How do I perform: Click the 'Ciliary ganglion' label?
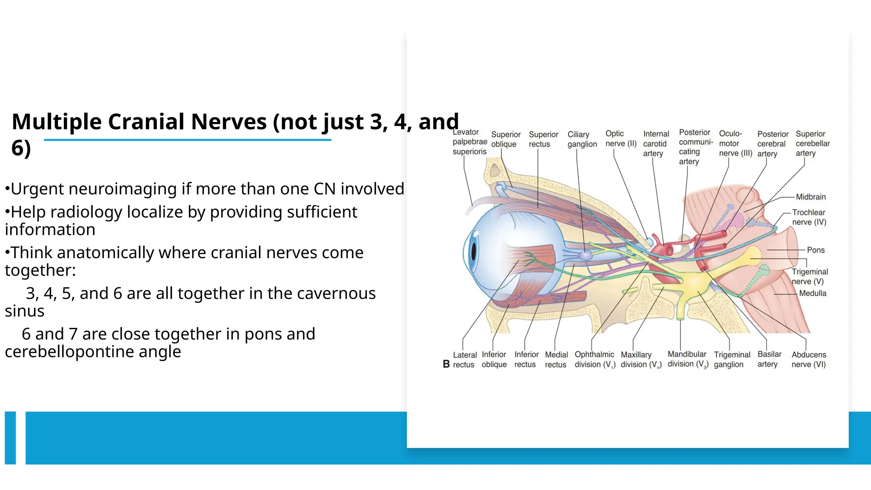click(x=582, y=139)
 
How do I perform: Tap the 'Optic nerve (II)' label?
click(x=621, y=139)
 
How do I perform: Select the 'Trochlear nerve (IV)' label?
click(x=808, y=217)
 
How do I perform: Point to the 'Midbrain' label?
click(x=811, y=197)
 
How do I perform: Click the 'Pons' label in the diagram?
click(x=815, y=250)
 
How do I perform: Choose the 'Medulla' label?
click(x=812, y=293)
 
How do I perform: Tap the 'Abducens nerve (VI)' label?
click(x=808, y=359)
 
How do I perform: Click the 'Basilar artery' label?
click(x=769, y=359)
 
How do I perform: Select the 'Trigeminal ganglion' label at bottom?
click(x=732, y=359)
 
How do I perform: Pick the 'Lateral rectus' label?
click(x=464, y=360)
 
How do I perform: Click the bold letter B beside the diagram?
click(x=446, y=364)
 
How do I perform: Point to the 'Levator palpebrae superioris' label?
click(x=470, y=142)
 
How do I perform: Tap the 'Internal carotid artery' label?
click(x=655, y=143)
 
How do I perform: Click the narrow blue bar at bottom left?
click(x=10, y=438)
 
